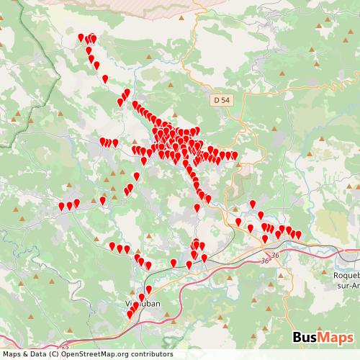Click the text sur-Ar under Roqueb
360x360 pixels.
347,284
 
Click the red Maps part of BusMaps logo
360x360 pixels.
336,337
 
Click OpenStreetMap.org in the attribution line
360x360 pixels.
89,354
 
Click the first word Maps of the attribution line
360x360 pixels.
12,354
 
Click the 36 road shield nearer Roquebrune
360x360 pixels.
275,255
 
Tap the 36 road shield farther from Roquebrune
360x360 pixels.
265,261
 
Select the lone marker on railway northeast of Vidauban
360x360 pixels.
173,262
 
